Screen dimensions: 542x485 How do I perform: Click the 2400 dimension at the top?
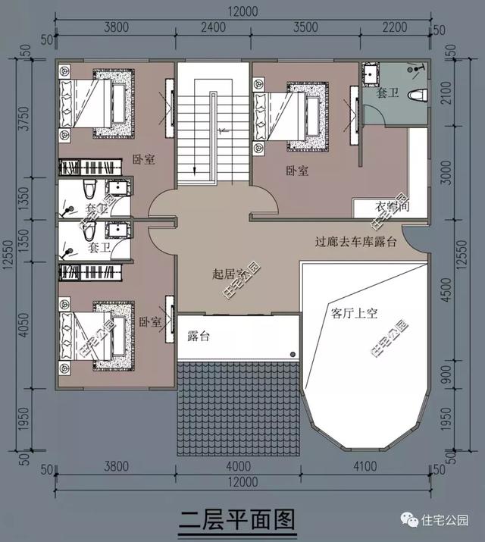tap(214, 28)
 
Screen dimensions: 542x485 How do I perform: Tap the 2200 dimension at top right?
tap(393, 28)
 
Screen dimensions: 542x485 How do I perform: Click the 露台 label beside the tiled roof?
tap(198, 336)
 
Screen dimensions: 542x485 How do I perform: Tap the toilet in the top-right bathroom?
tap(415, 94)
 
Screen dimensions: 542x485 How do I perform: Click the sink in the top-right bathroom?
tap(372, 74)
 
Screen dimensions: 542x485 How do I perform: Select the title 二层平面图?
tap(236, 522)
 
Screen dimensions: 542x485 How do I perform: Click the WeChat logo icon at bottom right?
tap(409, 521)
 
